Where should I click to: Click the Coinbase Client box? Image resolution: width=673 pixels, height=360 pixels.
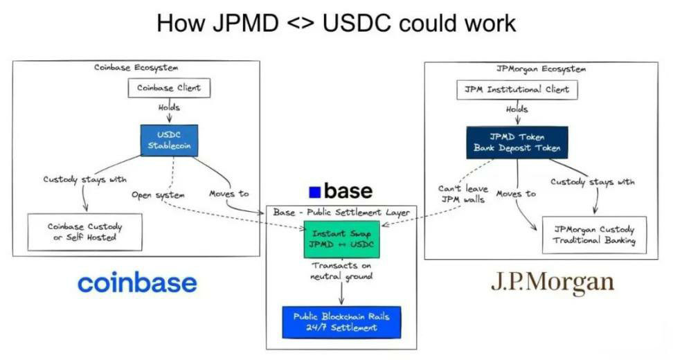[x=169, y=88]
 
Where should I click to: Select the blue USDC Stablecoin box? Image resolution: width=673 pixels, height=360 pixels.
[x=169, y=141]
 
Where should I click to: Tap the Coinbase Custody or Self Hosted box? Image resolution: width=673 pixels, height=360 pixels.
[x=85, y=232]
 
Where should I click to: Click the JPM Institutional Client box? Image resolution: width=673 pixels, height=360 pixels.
[x=517, y=90]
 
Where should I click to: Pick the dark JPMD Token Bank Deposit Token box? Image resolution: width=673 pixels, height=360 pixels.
[x=517, y=143]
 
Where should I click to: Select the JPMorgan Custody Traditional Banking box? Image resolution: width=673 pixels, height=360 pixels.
[x=595, y=235]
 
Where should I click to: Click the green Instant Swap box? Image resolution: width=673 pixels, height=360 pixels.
[x=341, y=239]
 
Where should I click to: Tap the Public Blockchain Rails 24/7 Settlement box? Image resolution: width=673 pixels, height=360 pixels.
[x=341, y=322]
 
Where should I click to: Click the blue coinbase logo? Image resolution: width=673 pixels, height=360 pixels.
[x=137, y=283]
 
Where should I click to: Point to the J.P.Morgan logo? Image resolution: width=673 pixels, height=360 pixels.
[x=553, y=282]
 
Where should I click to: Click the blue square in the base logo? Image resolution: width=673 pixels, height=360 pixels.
[x=314, y=192]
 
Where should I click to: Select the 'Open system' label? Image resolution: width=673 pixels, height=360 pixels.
[x=158, y=195]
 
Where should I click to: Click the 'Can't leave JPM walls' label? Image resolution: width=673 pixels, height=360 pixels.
[x=463, y=194]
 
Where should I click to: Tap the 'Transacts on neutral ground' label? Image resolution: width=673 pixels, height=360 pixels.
[x=341, y=271]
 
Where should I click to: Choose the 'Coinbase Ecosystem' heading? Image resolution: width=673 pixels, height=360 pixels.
[x=136, y=68]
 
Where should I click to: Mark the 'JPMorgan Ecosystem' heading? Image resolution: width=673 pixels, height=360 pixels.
[x=541, y=69]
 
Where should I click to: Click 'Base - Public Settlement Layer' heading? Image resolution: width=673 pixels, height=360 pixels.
[x=341, y=213]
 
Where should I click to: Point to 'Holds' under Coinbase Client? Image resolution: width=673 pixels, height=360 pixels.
[x=169, y=107]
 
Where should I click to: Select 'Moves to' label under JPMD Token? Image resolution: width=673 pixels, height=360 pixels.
[x=517, y=194]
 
